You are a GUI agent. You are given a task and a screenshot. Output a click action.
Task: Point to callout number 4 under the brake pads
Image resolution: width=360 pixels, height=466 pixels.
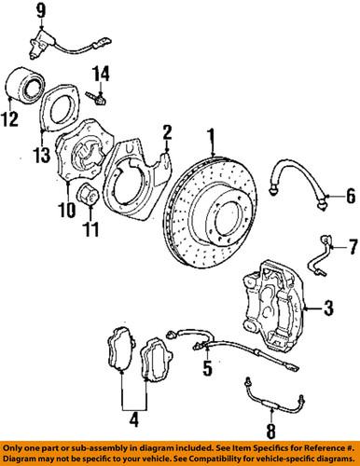coord(133,420)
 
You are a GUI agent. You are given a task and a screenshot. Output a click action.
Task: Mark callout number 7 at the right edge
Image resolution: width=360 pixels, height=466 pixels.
coord(352,248)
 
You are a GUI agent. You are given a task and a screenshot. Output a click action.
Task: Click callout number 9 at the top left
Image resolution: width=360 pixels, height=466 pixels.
coord(15,12)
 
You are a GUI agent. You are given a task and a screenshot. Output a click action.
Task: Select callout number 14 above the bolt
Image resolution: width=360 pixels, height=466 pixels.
coord(103,71)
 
